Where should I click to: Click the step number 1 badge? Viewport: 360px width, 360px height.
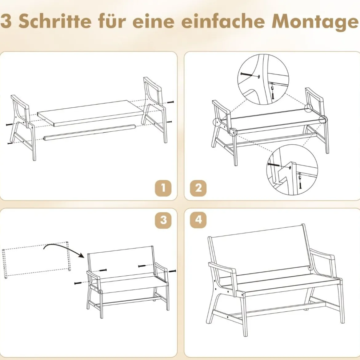[163, 189]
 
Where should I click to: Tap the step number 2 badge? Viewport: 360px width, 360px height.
[198, 189]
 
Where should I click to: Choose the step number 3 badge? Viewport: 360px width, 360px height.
[163, 220]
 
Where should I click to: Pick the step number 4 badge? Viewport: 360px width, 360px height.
[198, 220]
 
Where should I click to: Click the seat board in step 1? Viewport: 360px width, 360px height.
[90, 113]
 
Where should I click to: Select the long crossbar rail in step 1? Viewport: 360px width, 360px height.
[90, 132]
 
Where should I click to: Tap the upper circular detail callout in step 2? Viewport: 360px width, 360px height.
[263, 79]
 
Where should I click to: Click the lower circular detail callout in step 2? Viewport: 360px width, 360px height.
[292, 170]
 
